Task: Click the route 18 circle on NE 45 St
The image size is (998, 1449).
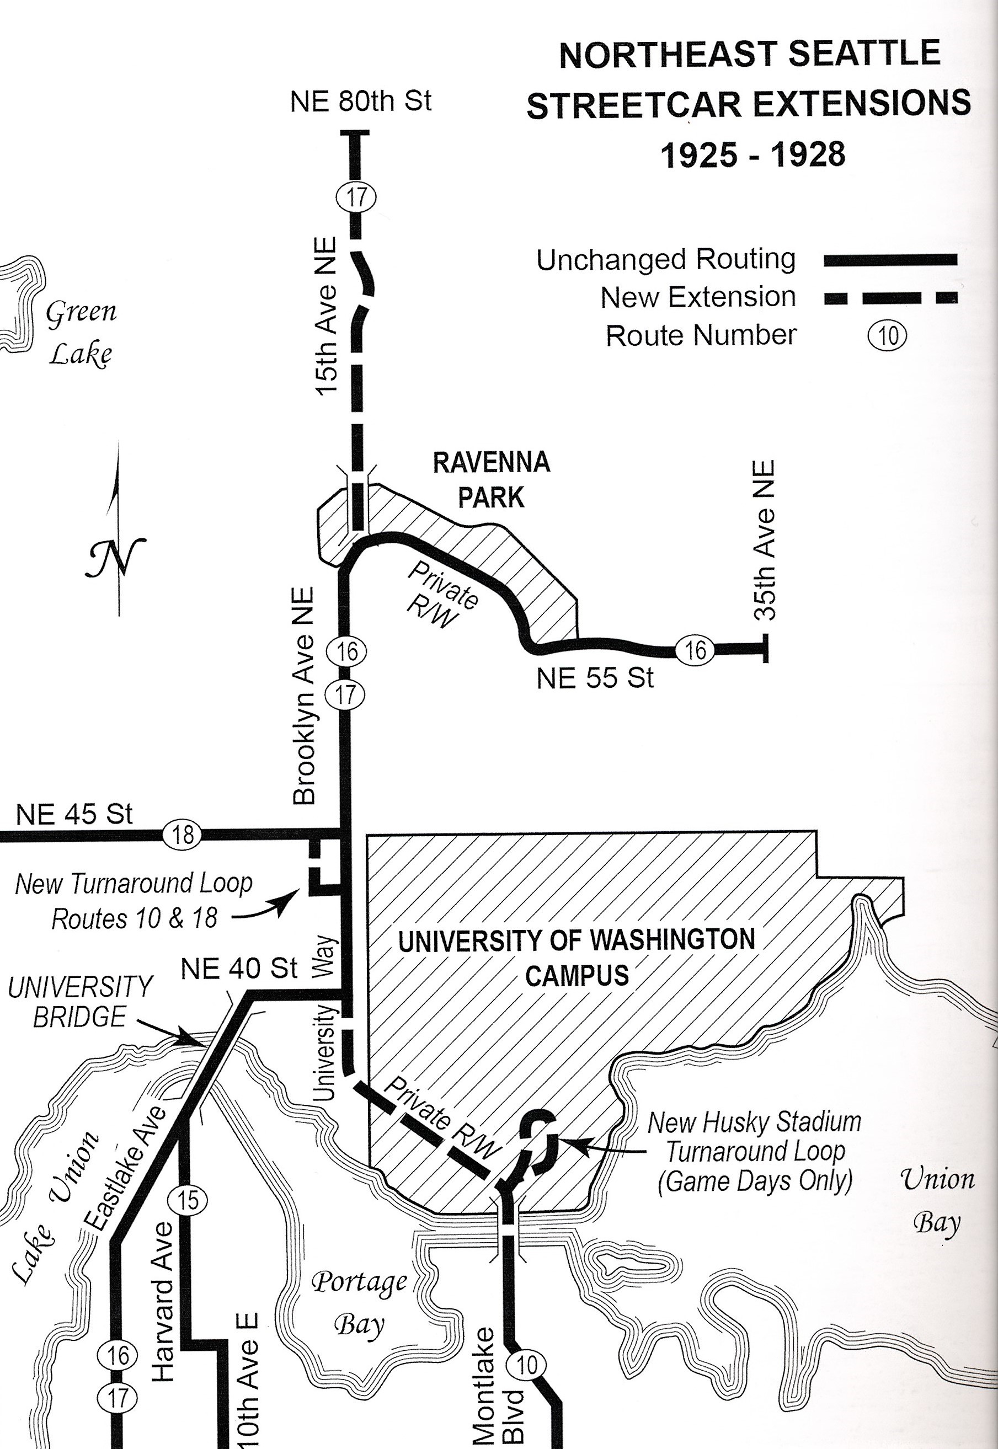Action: [x=183, y=835]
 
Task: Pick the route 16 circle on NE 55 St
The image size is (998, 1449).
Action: [x=694, y=651]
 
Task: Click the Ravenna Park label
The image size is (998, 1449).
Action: [x=492, y=480]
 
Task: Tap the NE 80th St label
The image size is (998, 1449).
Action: [x=361, y=101]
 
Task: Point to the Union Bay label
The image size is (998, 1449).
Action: [x=937, y=1200]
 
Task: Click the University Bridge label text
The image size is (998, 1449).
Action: [x=80, y=1002]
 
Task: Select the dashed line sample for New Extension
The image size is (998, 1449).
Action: [x=890, y=299]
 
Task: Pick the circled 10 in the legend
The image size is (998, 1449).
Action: [x=887, y=336]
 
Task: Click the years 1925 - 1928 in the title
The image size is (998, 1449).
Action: [x=753, y=154]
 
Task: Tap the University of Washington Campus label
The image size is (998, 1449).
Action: [x=577, y=956]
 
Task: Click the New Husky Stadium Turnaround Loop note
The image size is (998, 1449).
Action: [x=755, y=1152]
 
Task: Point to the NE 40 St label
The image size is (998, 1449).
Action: [x=239, y=969]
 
